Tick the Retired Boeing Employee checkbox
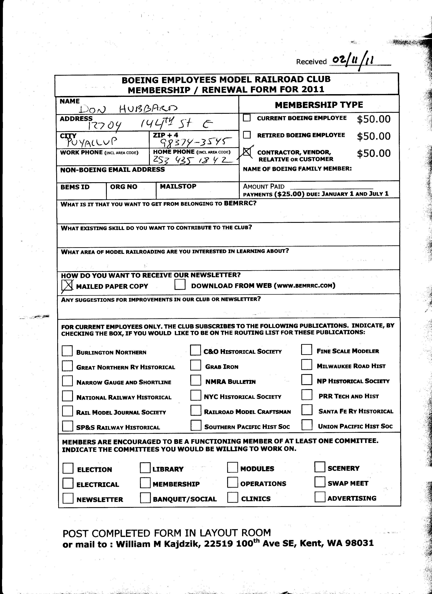(x=247, y=135)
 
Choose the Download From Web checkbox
(x=180, y=285)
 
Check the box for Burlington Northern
(x=67, y=351)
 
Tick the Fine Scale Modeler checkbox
(x=307, y=350)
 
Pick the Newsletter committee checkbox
(x=68, y=498)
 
